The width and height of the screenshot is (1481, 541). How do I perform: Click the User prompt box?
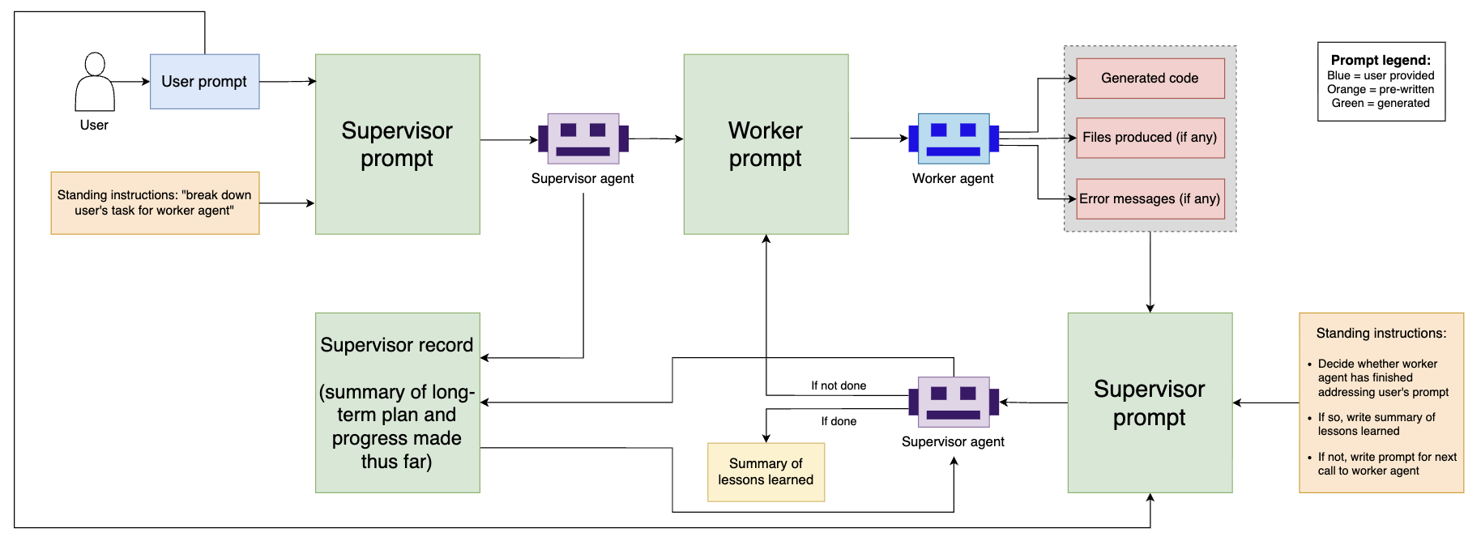[204, 82]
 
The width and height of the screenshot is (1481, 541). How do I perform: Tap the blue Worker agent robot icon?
[954, 138]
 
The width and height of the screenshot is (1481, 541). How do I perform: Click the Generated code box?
[1150, 79]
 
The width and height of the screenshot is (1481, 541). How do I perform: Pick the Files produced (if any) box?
[1150, 138]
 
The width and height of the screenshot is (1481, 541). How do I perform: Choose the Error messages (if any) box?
[1150, 199]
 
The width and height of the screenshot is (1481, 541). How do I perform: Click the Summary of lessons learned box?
[766, 472]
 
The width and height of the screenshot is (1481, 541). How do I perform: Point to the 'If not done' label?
[839, 386]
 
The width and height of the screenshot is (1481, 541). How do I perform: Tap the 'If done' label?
[839, 421]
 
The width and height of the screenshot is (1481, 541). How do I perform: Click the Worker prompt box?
[766, 144]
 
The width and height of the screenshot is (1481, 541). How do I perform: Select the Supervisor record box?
[397, 403]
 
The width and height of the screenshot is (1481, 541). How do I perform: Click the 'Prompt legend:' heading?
[1381, 60]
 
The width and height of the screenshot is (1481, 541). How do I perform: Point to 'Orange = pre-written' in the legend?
[1381, 89]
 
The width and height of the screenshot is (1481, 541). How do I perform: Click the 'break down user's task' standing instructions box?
[155, 202]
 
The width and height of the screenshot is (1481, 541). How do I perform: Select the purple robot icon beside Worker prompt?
[583, 138]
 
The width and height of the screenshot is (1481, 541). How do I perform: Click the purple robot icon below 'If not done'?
[954, 402]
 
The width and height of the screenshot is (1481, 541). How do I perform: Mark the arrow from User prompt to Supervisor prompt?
[288, 81]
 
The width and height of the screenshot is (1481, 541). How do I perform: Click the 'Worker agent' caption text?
[953, 178]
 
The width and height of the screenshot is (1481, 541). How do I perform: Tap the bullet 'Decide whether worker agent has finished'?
[1382, 377]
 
